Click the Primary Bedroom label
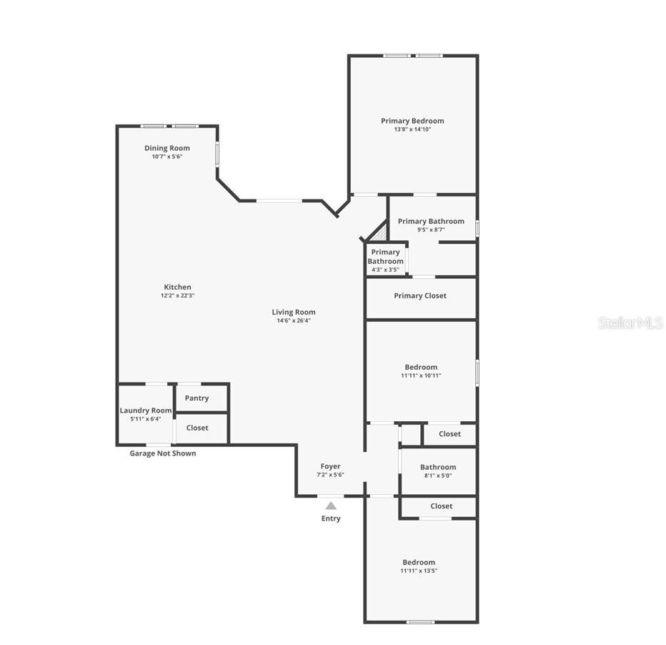click(x=412, y=121)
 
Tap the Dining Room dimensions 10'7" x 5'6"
click(x=167, y=157)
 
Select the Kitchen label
click(x=177, y=287)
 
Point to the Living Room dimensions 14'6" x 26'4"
click(x=293, y=320)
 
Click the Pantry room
click(x=197, y=398)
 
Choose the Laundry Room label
click(x=146, y=410)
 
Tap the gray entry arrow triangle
click(x=331, y=506)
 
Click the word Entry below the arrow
click(x=331, y=518)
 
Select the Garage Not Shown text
click(x=162, y=453)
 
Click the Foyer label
click(x=330, y=466)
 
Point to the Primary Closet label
click(x=420, y=295)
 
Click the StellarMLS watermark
click(x=630, y=323)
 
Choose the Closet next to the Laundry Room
click(x=197, y=428)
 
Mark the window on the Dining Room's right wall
click(x=217, y=153)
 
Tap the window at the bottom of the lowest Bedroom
click(x=420, y=621)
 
